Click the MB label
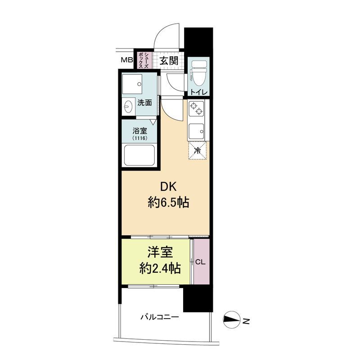[x=127, y=60]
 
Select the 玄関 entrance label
[x=169, y=61]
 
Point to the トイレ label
[x=199, y=93]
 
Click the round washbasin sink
[x=127, y=107]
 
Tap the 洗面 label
[x=144, y=103]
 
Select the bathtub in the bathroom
[x=139, y=155]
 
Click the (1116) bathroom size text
[x=140, y=138]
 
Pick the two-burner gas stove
[x=196, y=108]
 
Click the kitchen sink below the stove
[x=196, y=131]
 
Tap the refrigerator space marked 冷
[x=197, y=150]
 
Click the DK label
[x=168, y=187]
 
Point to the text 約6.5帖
[x=168, y=203]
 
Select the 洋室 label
[x=160, y=252]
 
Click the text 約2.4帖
[x=160, y=268]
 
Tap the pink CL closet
[x=201, y=262]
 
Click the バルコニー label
[x=160, y=318]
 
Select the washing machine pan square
[x=132, y=84]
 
